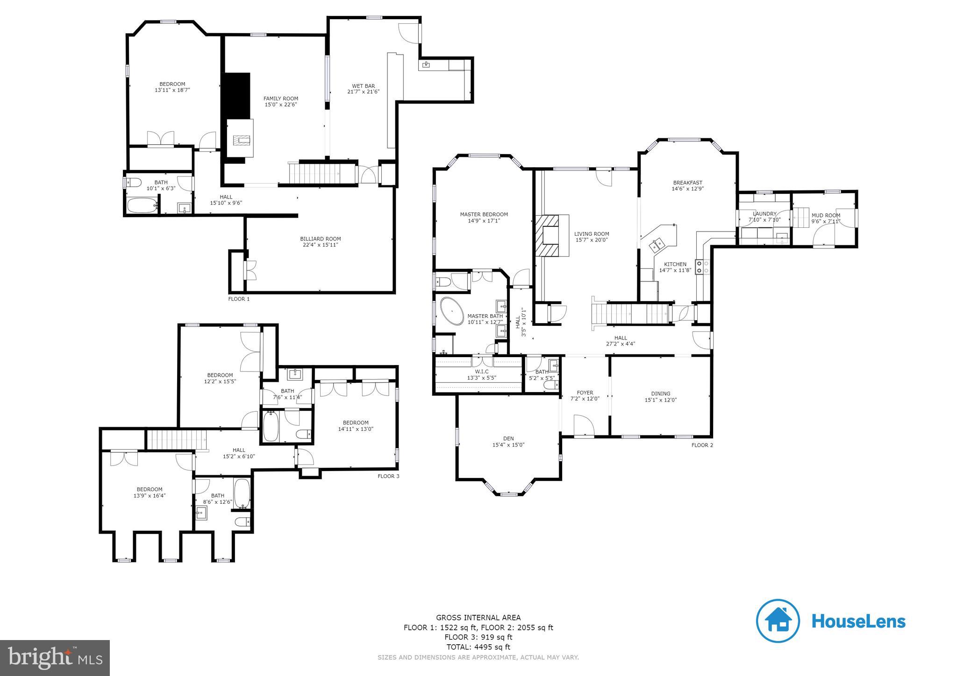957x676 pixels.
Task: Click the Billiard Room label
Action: [x=320, y=239]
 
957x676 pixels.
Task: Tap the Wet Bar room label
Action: [x=364, y=86]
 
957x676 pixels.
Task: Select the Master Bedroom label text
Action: [x=484, y=215]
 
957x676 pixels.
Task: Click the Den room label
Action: [x=508, y=438]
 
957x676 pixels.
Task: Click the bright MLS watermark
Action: [x=55, y=657]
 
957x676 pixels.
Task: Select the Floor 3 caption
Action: [x=388, y=476]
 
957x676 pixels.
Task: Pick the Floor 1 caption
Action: [x=239, y=299]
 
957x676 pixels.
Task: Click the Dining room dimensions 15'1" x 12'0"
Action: [x=661, y=400]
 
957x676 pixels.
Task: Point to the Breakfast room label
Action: [x=688, y=183]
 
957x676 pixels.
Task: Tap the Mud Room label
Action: [x=826, y=216]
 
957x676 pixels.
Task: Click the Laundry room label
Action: [x=764, y=214]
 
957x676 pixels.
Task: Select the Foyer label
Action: [x=585, y=393]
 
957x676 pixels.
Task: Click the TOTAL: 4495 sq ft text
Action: [x=478, y=647]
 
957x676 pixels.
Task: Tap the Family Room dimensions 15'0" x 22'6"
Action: [x=281, y=105]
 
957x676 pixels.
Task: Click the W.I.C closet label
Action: [x=482, y=372]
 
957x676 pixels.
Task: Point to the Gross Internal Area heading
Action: [x=478, y=618]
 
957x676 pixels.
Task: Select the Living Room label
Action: [x=592, y=234]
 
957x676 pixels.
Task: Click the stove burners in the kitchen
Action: [x=702, y=267]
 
